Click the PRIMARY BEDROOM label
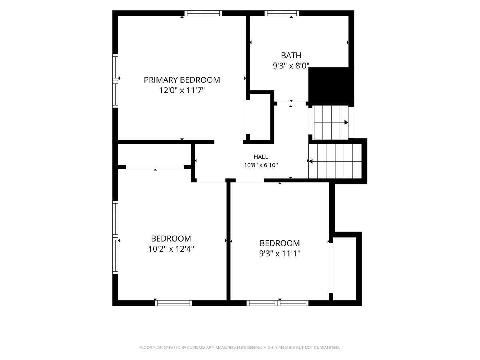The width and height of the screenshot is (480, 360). (x=182, y=80)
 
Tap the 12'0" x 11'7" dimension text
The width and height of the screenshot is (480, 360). (x=182, y=90)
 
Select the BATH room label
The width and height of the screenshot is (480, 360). (x=291, y=55)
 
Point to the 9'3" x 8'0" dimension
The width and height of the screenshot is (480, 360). (x=291, y=66)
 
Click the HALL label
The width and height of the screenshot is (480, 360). (x=261, y=157)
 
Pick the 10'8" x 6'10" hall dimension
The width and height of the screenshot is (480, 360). (x=261, y=165)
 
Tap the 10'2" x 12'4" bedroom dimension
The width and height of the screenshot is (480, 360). (x=171, y=249)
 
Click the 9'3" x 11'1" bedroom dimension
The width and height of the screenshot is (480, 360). (x=280, y=254)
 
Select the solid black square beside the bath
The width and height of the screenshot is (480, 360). (x=331, y=87)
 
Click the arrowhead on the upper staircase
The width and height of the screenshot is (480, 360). (x=346, y=122)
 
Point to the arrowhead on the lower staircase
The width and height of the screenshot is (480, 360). (x=310, y=162)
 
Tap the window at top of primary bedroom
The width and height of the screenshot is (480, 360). (x=203, y=13)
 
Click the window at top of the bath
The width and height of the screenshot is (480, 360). (x=282, y=13)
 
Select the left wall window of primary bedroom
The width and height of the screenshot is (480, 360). (x=115, y=81)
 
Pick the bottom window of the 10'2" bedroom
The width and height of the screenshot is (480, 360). (x=174, y=303)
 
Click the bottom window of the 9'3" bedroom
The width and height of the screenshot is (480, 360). (x=278, y=303)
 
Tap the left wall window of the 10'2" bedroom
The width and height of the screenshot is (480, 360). (x=115, y=237)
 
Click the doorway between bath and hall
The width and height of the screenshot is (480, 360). (x=292, y=102)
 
